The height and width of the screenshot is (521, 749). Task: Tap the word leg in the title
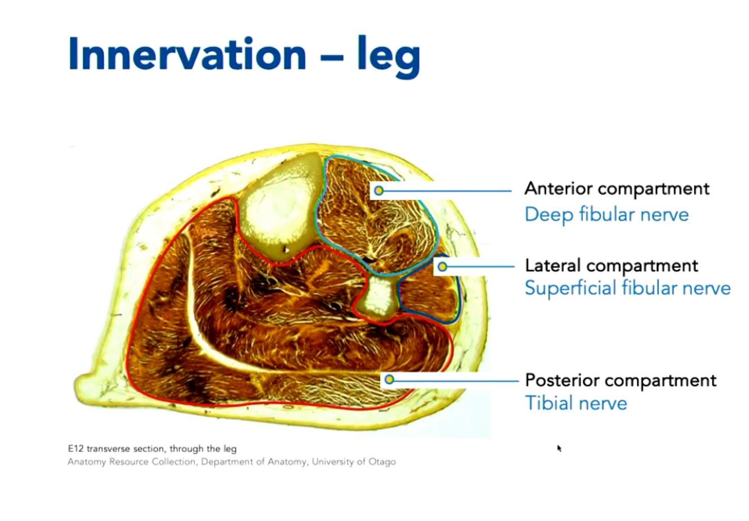pos(389,56)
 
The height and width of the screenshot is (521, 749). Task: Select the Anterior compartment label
pos(616,189)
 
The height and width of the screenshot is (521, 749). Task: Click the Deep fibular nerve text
pos(606,214)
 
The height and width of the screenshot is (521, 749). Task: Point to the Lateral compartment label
pos(611,265)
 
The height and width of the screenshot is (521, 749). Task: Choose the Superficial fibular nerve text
pos(627,288)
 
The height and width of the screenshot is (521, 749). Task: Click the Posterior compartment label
pos(620,380)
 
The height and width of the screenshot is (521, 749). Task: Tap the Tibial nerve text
pos(576,403)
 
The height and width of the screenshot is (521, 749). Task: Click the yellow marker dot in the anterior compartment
pos(379,191)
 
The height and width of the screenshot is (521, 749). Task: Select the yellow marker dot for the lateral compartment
pos(442,266)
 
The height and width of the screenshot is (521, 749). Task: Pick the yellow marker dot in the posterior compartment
pos(389,380)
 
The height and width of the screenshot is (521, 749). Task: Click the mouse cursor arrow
pos(559,447)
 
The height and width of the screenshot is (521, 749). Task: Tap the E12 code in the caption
pos(75,449)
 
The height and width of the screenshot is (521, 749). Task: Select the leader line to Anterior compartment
pos(449,191)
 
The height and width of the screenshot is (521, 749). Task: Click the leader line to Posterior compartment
pos(455,380)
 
